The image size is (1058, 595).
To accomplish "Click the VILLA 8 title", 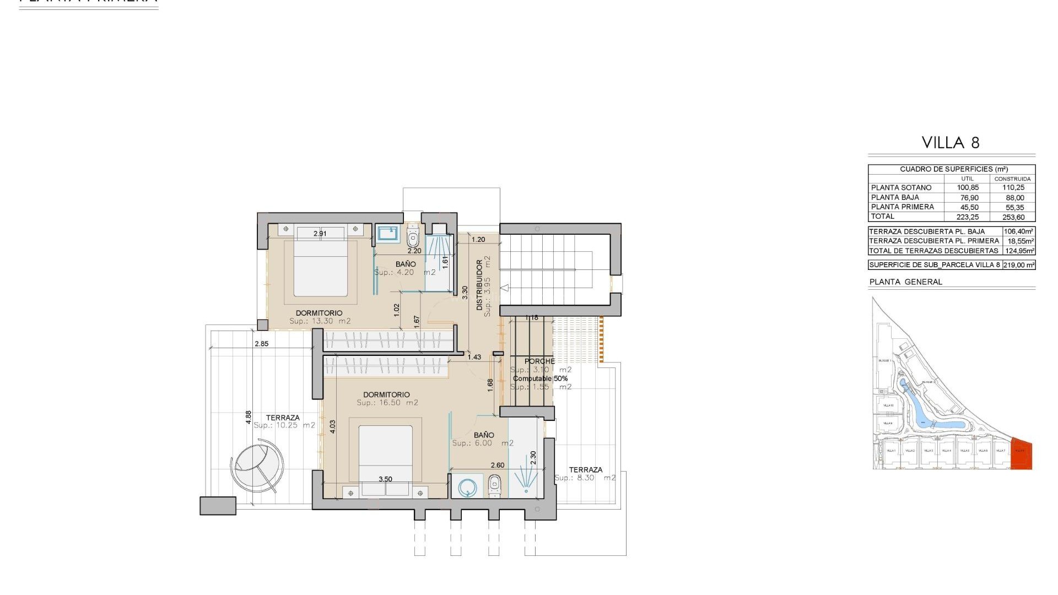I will click(951, 143).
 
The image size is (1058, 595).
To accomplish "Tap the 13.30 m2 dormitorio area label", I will click(320, 321).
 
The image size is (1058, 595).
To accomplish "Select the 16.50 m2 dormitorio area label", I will click(387, 403).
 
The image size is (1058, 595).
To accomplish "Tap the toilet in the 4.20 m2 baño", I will click(413, 238).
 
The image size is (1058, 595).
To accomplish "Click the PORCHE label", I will click(539, 361).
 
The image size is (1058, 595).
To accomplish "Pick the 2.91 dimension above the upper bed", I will click(320, 234).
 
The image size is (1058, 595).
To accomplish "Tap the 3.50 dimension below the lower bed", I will click(385, 479).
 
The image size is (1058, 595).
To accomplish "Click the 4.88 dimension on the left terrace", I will click(249, 417).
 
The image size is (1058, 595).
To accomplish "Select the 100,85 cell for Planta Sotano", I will click(967, 188).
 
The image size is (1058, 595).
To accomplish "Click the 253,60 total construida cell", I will click(1013, 217).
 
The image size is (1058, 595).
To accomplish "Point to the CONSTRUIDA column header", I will click(1012, 179).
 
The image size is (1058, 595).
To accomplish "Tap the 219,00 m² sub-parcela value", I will click(1018, 265).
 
